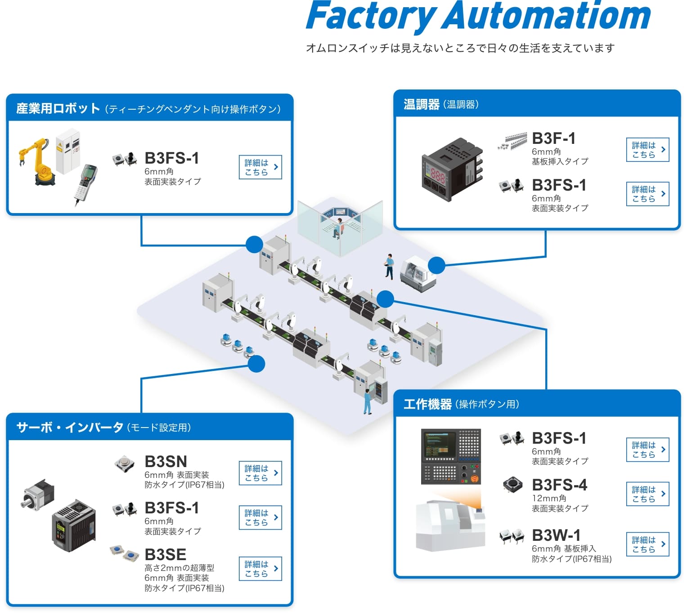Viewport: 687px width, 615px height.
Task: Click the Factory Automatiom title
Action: point(478,16)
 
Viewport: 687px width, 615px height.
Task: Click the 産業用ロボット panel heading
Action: point(58,109)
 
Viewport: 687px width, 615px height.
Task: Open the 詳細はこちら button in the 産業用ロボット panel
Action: point(260,167)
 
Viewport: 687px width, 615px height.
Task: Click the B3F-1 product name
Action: point(553,138)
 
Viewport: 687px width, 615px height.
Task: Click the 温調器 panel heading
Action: point(422,105)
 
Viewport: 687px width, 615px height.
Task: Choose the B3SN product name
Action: point(166,462)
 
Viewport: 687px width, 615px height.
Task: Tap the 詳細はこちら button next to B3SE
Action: point(260,569)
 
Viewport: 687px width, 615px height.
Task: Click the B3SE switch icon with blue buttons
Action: point(124,552)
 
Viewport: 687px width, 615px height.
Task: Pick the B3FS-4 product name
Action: point(559,485)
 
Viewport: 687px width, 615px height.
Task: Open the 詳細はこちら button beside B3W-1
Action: point(647,544)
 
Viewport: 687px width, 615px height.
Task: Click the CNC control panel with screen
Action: point(450,456)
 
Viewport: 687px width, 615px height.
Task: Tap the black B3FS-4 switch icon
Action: point(512,484)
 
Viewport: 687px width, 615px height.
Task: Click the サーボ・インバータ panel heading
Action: point(70,427)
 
